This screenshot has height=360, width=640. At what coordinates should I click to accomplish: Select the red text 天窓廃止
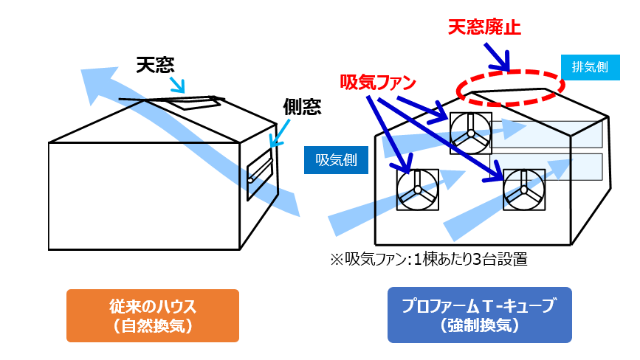485,27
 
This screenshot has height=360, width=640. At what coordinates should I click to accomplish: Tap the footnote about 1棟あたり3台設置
428,259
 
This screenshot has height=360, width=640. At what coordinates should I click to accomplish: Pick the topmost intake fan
469,134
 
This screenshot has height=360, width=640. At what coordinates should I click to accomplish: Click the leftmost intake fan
418,190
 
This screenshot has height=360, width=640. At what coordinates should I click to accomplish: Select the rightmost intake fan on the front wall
523,190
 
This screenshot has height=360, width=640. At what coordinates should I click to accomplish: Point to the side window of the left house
261,173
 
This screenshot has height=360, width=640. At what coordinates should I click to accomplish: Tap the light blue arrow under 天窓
177,80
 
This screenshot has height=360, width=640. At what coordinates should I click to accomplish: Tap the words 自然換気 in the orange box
153,325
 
